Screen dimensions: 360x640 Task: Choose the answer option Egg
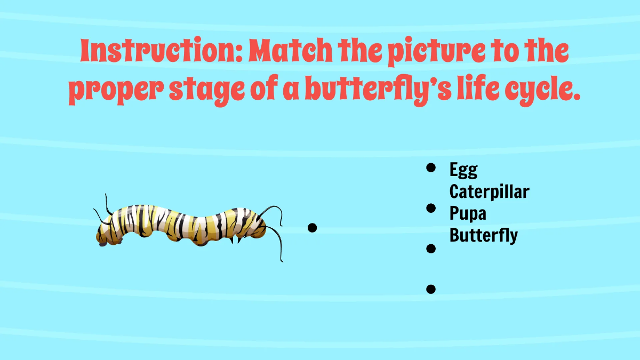463,171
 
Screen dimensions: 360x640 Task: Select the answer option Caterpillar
489,191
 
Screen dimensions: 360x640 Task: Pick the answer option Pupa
468,213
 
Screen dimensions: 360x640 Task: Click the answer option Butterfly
483,234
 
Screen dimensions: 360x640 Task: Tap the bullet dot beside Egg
431,168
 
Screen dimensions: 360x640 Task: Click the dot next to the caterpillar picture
313,228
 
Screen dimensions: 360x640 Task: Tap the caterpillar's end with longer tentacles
261,224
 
